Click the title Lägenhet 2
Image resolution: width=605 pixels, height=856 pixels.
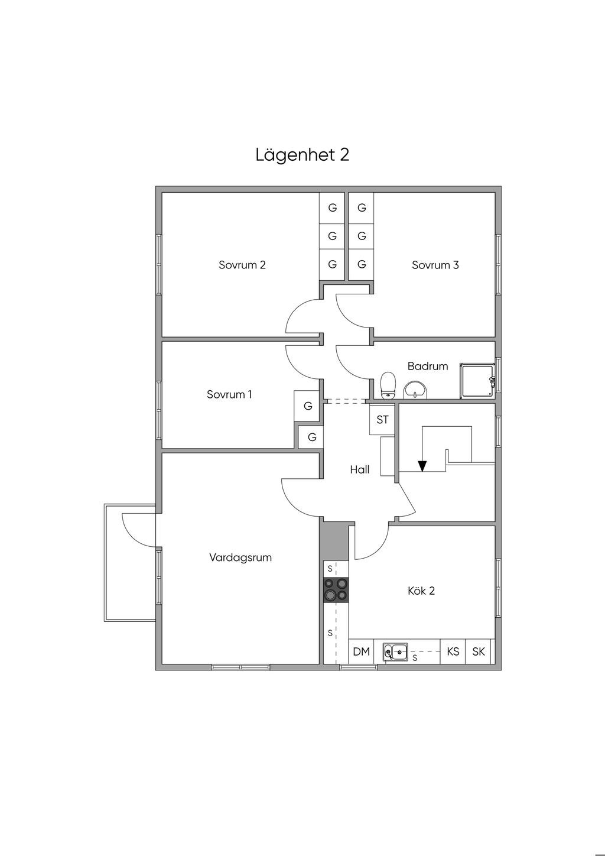point(302,155)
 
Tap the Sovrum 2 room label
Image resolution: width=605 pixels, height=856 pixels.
point(242,265)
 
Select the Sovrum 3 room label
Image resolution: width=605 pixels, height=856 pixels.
point(435,265)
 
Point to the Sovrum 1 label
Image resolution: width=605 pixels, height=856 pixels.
point(229,394)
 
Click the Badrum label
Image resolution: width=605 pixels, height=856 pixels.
point(428,366)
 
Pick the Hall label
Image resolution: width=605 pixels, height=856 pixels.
point(360,469)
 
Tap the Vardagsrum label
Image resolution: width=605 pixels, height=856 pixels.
point(240,557)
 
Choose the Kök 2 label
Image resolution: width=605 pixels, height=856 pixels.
point(421,591)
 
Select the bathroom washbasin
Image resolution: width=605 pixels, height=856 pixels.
point(417,390)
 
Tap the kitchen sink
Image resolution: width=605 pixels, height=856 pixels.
point(395,652)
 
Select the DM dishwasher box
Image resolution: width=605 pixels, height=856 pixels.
point(361,651)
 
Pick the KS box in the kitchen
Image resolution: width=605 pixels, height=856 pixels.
point(453,651)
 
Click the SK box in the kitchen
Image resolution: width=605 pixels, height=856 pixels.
point(479,651)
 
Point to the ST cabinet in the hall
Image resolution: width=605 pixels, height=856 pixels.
point(383,420)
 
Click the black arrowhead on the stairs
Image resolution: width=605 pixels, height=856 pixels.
point(422,466)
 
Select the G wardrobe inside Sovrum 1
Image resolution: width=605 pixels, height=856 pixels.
point(308,406)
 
